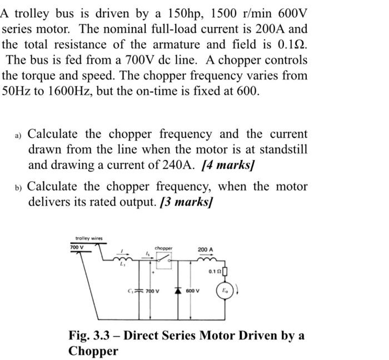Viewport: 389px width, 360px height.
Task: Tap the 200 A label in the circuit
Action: [205, 249]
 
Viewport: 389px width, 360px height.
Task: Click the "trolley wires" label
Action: [88, 238]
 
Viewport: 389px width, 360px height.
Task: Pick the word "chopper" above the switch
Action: [163, 248]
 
